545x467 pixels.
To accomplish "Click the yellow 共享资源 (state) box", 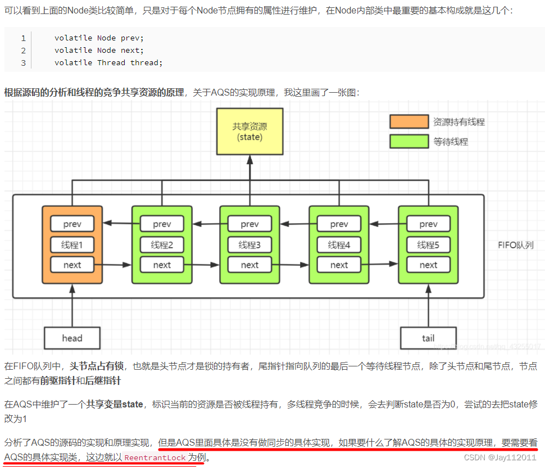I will [x=249, y=132].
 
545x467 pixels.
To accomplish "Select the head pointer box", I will [x=72, y=338].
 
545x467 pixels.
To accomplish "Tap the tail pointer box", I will [x=428, y=338].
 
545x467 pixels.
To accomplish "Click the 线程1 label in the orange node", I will [x=72, y=244].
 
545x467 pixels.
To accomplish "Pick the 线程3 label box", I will [x=249, y=244].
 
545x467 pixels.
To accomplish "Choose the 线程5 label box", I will [x=428, y=244].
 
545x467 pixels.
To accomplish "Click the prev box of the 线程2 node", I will [x=162, y=224].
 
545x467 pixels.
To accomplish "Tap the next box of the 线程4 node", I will [x=339, y=265].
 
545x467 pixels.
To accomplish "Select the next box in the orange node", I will [x=72, y=265].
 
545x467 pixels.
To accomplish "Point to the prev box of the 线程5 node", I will [x=428, y=224].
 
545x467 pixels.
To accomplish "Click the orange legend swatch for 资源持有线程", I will [x=409, y=121].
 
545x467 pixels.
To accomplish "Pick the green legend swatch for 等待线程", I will [x=409, y=141].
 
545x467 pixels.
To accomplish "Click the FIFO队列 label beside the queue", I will [x=515, y=245].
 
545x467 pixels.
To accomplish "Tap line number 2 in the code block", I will [x=23, y=51].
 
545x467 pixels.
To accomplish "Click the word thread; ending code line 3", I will [x=146, y=62].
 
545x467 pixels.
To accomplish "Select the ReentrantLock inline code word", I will [x=155, y=458].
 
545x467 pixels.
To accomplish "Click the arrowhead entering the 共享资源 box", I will [x=249, y=160].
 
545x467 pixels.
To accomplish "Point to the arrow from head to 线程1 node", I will [x=72, y=306].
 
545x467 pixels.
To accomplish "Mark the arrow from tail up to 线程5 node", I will [x=428, y=306].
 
